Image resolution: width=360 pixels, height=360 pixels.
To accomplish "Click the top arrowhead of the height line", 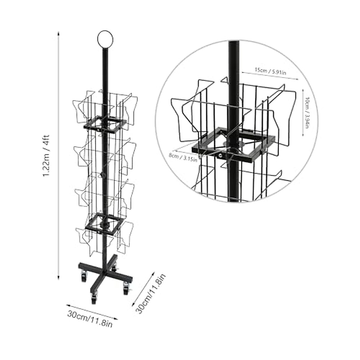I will [x=58, y=34].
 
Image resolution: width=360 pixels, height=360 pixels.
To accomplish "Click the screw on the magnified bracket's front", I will [x=220, y=156].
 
